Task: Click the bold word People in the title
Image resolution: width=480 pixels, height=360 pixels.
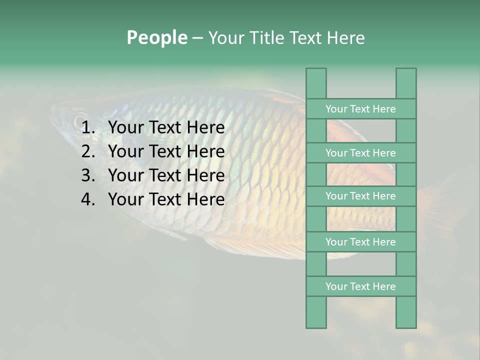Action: [x=156, y=37]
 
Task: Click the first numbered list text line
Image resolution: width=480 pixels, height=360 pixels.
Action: [x=166, y=128]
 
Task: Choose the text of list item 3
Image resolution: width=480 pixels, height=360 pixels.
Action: [x=166, y=175]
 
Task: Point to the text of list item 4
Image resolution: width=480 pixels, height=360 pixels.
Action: [x=166, y=199]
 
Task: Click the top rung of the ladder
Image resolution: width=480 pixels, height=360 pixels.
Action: [x=360, y=109]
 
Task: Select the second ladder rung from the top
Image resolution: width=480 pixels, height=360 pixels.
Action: [x=360, y=153]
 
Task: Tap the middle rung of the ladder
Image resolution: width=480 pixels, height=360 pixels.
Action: [x=360, y=196]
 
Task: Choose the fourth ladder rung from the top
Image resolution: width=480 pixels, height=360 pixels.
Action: [x=360, y=242]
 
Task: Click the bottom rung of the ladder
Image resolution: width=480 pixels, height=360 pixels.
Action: [x=360, y=286]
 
